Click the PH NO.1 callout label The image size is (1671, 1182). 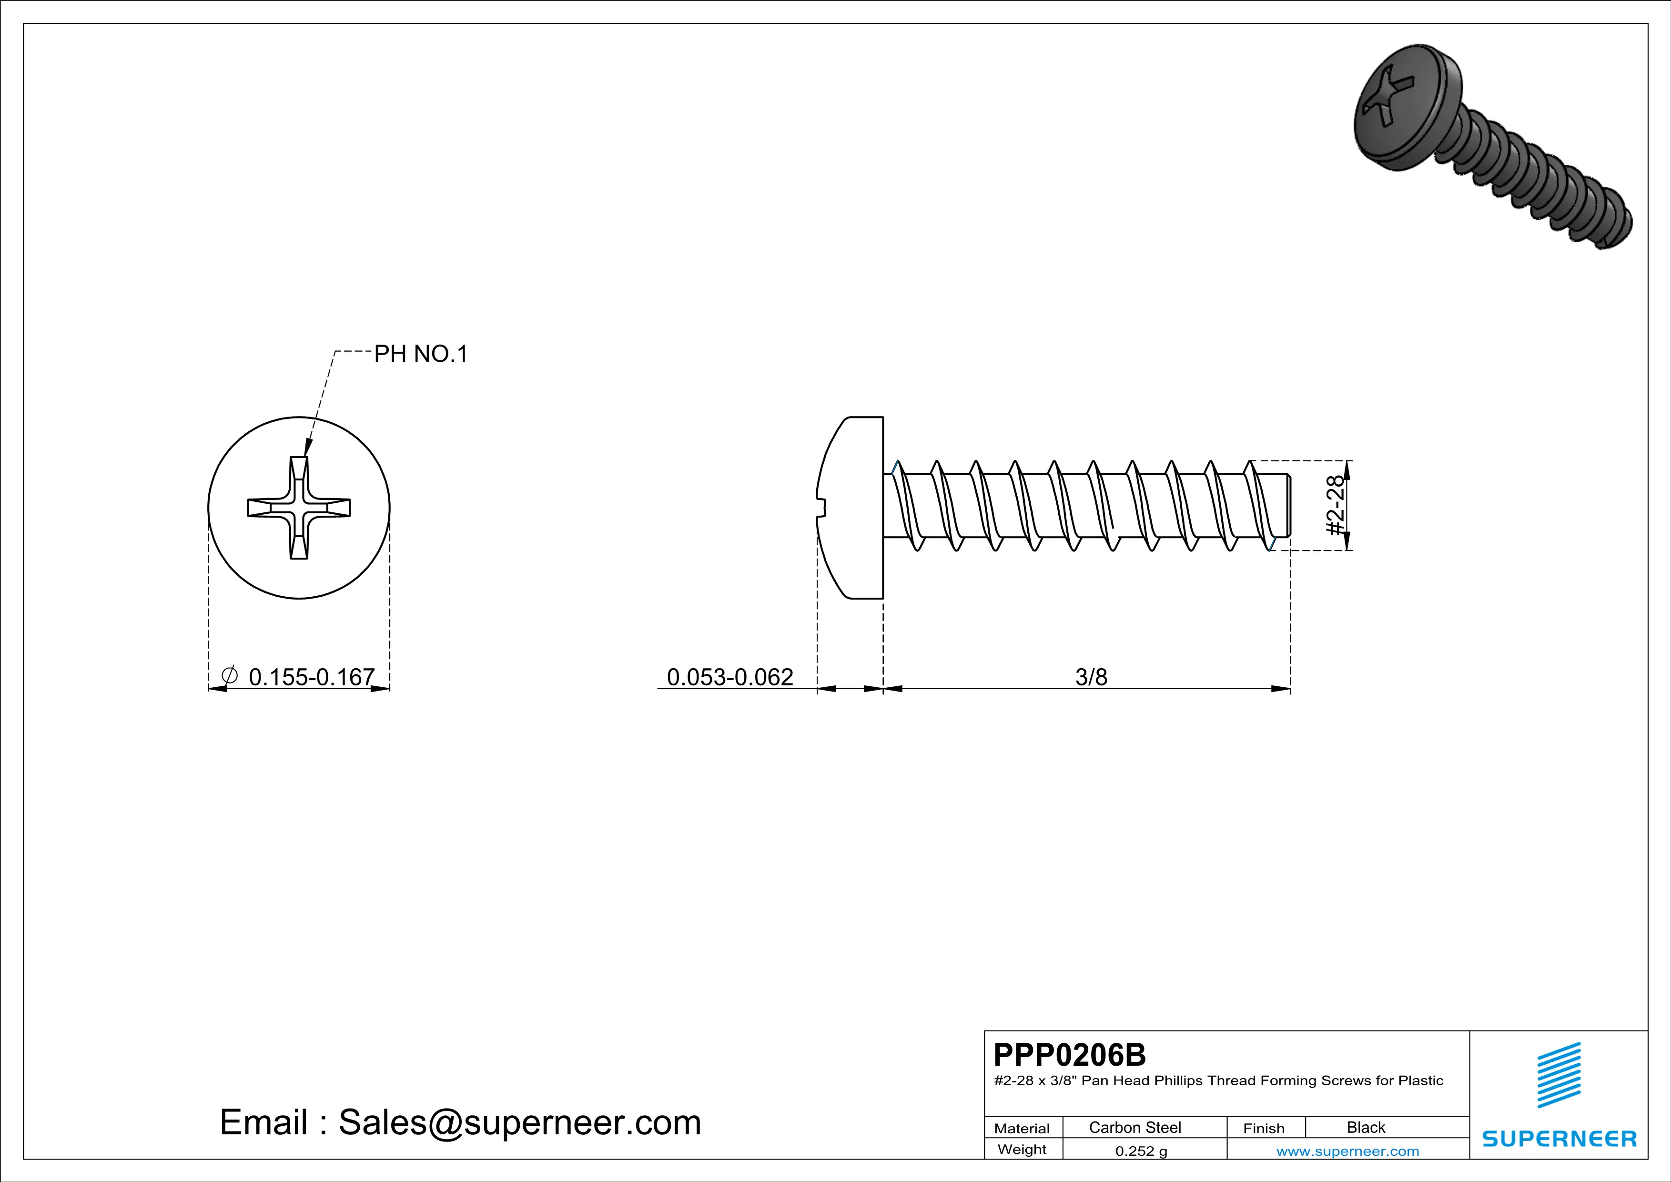[x=421, y=355]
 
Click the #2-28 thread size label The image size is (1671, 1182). [x=1335, y=505]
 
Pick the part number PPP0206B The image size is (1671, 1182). [x=1069, y=1055]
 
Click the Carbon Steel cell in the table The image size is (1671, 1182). [x=1134, y=1127]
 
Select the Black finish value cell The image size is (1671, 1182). [x=1365, y=1127]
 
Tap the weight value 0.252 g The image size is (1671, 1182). [x=1140, y=1151]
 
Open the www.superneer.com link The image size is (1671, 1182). [x=1347, y=1151]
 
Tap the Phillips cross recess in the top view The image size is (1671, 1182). [x=298, y=508]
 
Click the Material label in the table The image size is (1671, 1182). [x=1022, y=1128]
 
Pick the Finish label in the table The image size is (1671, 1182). [x=1264, y=1128]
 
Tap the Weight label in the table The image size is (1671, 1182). [x=1022, y=1149]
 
